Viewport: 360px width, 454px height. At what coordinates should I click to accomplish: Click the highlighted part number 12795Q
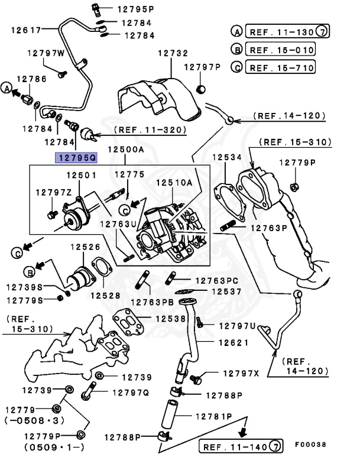click(x=75, y=157)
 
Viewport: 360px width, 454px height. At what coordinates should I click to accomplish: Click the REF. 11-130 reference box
click(x=281, y=31)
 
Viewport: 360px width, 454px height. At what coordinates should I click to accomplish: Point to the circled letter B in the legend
click(x=236, y=50)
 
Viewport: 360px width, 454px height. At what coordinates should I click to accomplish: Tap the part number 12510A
click(x=174, y=183)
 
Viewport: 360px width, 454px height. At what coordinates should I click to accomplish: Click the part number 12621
click(x=232, y=342)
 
